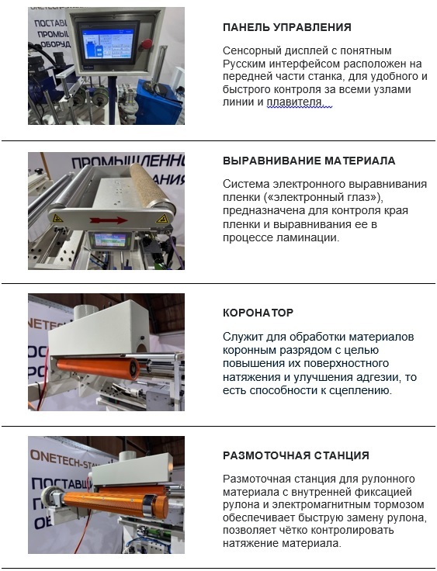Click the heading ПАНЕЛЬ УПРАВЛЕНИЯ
(287, 27)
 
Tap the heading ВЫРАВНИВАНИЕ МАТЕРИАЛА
(309, 161)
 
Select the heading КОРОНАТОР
(258, 313)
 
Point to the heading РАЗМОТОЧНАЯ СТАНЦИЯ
(296, 455)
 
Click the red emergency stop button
(147, 43)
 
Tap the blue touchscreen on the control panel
(109, 44)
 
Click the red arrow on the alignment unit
(108, 220)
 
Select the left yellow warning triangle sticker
(57, 219)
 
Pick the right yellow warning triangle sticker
(161, 219)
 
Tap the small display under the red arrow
(109, 240)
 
